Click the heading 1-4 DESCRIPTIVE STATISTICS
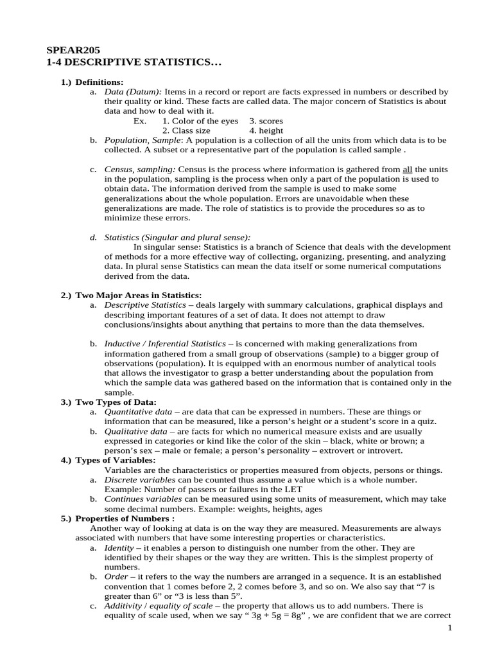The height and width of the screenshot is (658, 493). click(133, 62)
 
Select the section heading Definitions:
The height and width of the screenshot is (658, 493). click(99, 82)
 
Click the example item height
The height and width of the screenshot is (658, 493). click(270, 130)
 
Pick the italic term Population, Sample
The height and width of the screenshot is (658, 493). click(143, 140)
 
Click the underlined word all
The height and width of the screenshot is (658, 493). click(409, 169)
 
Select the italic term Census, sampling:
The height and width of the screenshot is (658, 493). click(139, 169)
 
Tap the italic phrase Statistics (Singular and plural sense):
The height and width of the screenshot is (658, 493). click(177, 237)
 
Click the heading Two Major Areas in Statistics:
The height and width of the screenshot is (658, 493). click(139, 295)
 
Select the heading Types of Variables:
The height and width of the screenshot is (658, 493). click(115, 460)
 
